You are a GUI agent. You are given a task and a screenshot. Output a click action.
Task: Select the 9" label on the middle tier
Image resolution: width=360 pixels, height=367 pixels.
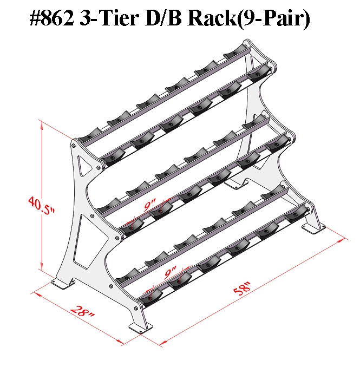150,206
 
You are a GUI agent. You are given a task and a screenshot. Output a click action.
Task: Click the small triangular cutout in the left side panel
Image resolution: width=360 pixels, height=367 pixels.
84,163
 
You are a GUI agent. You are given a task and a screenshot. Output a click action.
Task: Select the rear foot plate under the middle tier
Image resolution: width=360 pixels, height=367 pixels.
233,184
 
